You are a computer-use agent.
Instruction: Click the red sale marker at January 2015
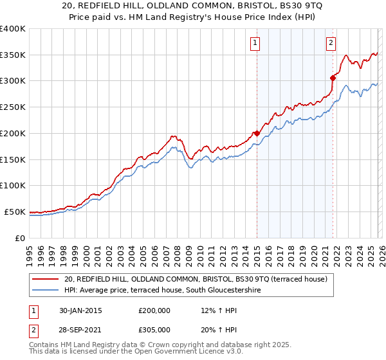pos(257,133)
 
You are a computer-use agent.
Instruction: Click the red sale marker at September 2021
pos(333,78)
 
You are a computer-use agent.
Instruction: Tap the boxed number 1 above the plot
pos(255,43)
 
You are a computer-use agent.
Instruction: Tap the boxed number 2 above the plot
pos(331,43)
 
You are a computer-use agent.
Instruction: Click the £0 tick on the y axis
pos(20,238)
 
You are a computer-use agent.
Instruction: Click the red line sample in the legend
pos(46,279)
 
